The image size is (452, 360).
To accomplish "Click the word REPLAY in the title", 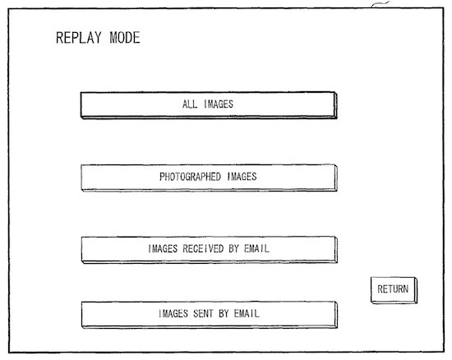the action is click(x=79, y=38).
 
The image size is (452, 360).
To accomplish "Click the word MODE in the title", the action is click(x=125, y=38).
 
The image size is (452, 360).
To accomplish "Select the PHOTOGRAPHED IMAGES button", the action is click(x=209, y=178).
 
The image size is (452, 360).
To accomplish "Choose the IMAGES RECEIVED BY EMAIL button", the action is click(x=210, y=250).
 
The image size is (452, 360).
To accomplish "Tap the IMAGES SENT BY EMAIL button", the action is click(x=210, y=315).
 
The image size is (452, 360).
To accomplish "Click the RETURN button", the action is click(x=394, y=290).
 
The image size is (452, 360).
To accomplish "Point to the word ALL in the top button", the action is click(x=190, y=104).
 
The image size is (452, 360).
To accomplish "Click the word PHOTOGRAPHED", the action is click(x=191, y=177).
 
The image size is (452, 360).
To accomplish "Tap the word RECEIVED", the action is click(x=203, y=248).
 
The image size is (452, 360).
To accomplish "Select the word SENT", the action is click(x=203, y=313).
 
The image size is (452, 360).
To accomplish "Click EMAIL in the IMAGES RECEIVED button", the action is click(x=256, y=248).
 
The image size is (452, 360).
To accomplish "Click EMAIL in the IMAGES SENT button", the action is click(x=247, y=313).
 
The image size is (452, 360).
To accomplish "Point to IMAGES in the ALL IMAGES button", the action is click(x=219, y=104).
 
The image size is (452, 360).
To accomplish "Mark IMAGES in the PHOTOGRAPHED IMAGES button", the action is click(x=242, y=177).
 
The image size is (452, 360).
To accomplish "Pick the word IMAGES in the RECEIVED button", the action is click(x=163, y=248).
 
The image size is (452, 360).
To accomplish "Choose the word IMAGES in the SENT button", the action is click(x=173, y=313).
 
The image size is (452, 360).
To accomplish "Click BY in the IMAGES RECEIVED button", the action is click(x=233, y=248).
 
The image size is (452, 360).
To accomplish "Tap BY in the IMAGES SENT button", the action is click(x=224, y=313).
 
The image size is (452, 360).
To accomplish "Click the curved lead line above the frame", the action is click(x=380, y=4).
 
